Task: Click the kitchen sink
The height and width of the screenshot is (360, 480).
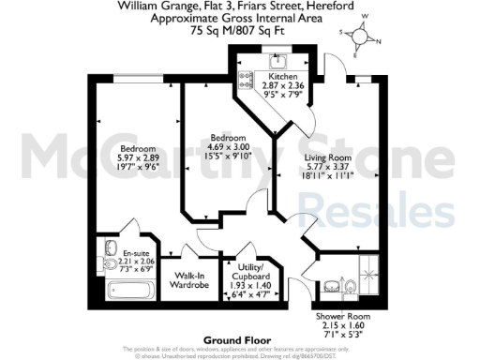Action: pyautogui.click(x=278, y=63)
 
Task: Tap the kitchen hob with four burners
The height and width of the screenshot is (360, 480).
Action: pyautogui.click(x=249, y=79)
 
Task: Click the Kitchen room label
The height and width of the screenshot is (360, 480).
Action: pyautogui.click(x=283, y=76)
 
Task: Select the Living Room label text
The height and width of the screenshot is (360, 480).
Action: pyautogui.click(x=327, y=157)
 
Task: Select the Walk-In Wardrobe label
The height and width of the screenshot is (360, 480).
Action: pyautogui.click(x=187, y=282)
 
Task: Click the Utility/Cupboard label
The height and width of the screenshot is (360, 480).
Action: pyautogui.click(x=248, y=274)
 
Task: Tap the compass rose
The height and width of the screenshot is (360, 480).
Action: pyautogui.click(x=361, y=36)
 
